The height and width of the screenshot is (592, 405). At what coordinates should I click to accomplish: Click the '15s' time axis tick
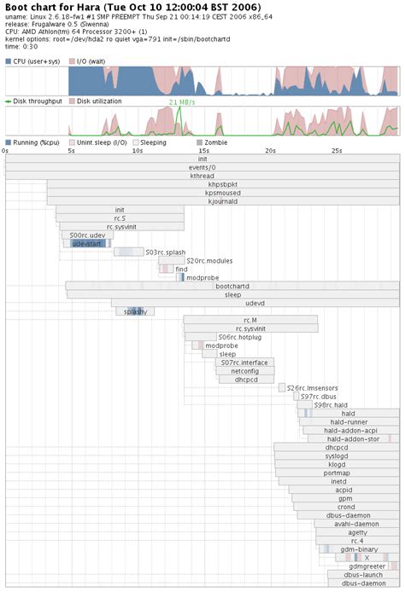(x=203, y=151)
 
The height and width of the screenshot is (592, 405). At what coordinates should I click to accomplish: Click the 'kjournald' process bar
(x=222, y=201)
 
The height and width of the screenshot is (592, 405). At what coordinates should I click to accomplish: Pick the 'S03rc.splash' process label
(x=164, y=252)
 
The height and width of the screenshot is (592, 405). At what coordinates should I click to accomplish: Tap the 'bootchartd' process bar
(x=232, y=286)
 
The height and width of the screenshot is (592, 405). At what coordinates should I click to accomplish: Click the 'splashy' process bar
(x=135, y=311)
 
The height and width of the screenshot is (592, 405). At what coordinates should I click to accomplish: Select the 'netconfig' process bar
(x=244, y=371)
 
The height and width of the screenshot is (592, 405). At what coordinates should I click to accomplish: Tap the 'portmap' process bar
(x=336, y=473)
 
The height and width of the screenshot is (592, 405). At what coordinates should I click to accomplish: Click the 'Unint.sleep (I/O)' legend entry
(x=94, y=142)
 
